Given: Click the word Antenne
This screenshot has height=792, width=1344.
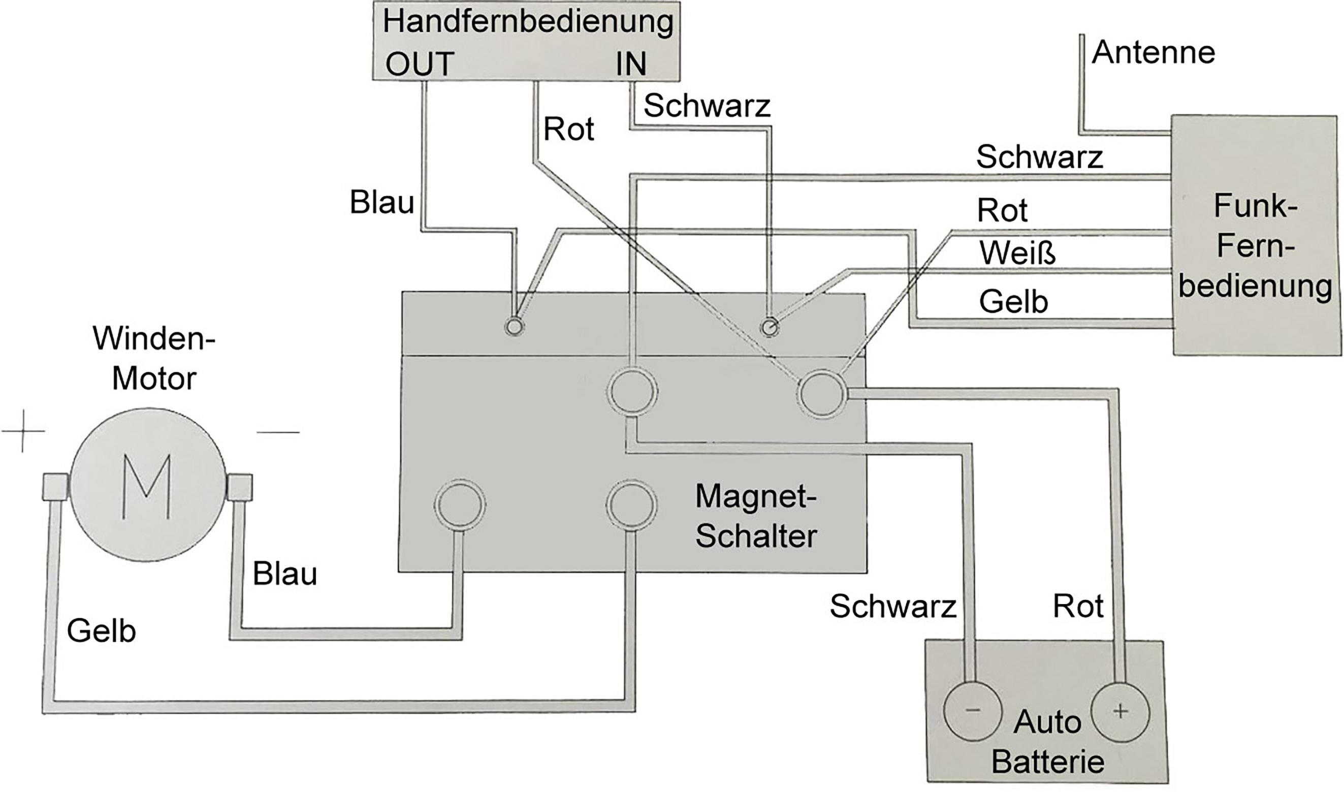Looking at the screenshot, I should coord(1153,53).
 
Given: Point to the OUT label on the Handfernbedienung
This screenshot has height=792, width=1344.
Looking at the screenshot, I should coord(420,64).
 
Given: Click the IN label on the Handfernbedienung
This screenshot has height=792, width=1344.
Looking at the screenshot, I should coord(631,64).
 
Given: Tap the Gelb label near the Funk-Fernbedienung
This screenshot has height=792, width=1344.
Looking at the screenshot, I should coord(1013,302).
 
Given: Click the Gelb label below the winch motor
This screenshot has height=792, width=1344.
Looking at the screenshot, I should coord(101,631).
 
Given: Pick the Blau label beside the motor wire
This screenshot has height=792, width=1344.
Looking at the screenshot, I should coord(284,574).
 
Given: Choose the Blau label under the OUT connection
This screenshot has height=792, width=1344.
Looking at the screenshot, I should coord(381,202).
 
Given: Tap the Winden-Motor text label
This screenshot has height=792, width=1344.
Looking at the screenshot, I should coord(154,358).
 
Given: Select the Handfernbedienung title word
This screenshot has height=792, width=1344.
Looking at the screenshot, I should coord(528,22).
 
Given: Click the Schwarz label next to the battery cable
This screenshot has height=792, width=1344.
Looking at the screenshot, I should coord(892,607).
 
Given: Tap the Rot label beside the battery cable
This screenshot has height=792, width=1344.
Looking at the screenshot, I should coord(1078,606).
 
